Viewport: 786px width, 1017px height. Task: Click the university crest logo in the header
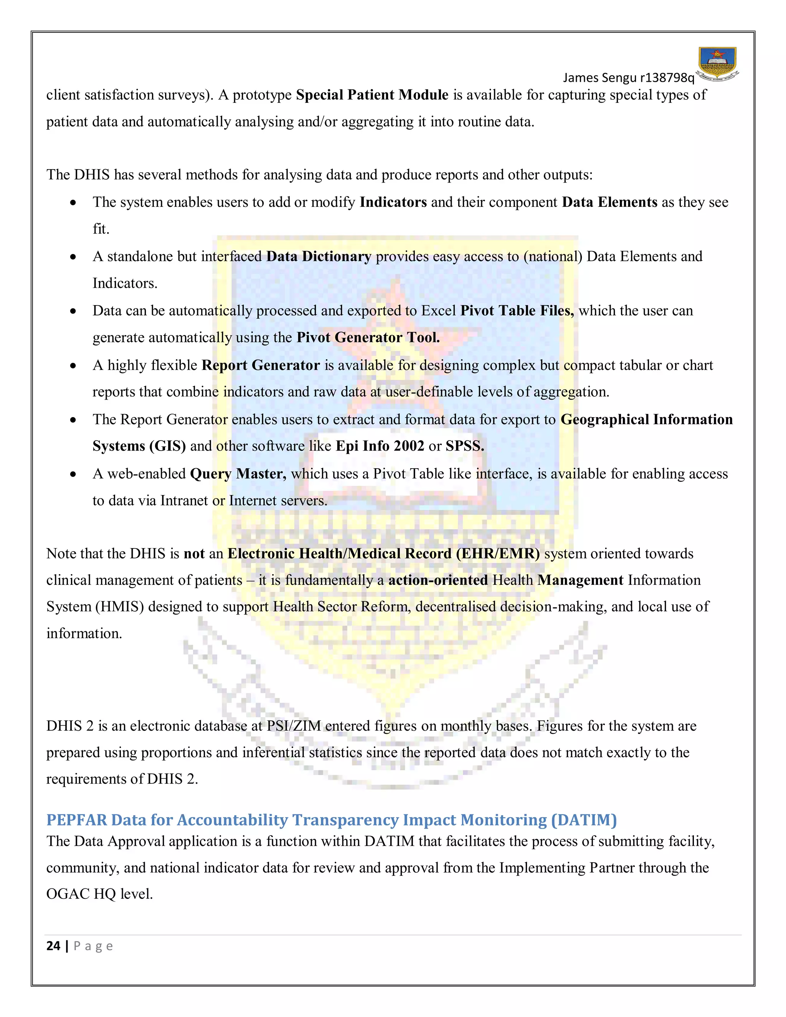[718, 64]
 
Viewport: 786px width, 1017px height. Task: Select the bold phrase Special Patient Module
[372, 95]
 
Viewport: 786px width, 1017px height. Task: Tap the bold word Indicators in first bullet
[393, 202]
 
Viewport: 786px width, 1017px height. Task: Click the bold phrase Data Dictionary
[319, 257]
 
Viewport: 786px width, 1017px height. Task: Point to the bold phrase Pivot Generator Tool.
[368, 338]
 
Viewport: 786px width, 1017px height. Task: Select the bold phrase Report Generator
[260, 365]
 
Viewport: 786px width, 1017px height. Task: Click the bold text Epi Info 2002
[380, 446]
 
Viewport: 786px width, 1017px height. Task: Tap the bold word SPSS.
[465, 446]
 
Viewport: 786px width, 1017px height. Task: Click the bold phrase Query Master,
[238, 474]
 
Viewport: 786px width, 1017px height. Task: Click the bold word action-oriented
[438, 580]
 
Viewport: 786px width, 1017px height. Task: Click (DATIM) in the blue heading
[583, 820]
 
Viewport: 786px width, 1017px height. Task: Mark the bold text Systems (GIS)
[139, 446]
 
